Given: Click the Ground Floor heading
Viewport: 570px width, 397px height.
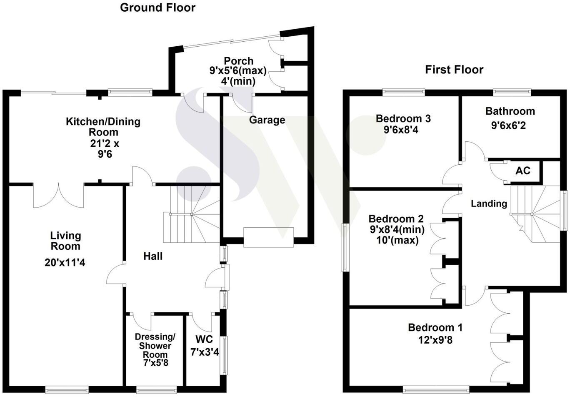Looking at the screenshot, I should tap(157, 8).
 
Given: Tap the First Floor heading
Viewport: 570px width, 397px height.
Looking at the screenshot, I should tap(454, 69).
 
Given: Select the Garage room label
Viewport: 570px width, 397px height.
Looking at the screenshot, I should tap(267, 120).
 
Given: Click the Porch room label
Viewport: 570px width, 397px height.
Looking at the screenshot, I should tap(238, 61).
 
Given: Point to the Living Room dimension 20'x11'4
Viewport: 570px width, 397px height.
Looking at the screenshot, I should tap(65, 262).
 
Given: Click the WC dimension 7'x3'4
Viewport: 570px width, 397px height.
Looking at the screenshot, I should tap(205, 352).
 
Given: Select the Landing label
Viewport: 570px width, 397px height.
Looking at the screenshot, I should tap(489, 204).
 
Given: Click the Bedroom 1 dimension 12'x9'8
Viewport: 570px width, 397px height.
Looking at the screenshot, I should tap(435, 340).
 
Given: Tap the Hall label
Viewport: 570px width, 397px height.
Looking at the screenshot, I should tap(153, 256).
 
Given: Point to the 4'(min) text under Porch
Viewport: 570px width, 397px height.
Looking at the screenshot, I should tap(238, 81).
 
